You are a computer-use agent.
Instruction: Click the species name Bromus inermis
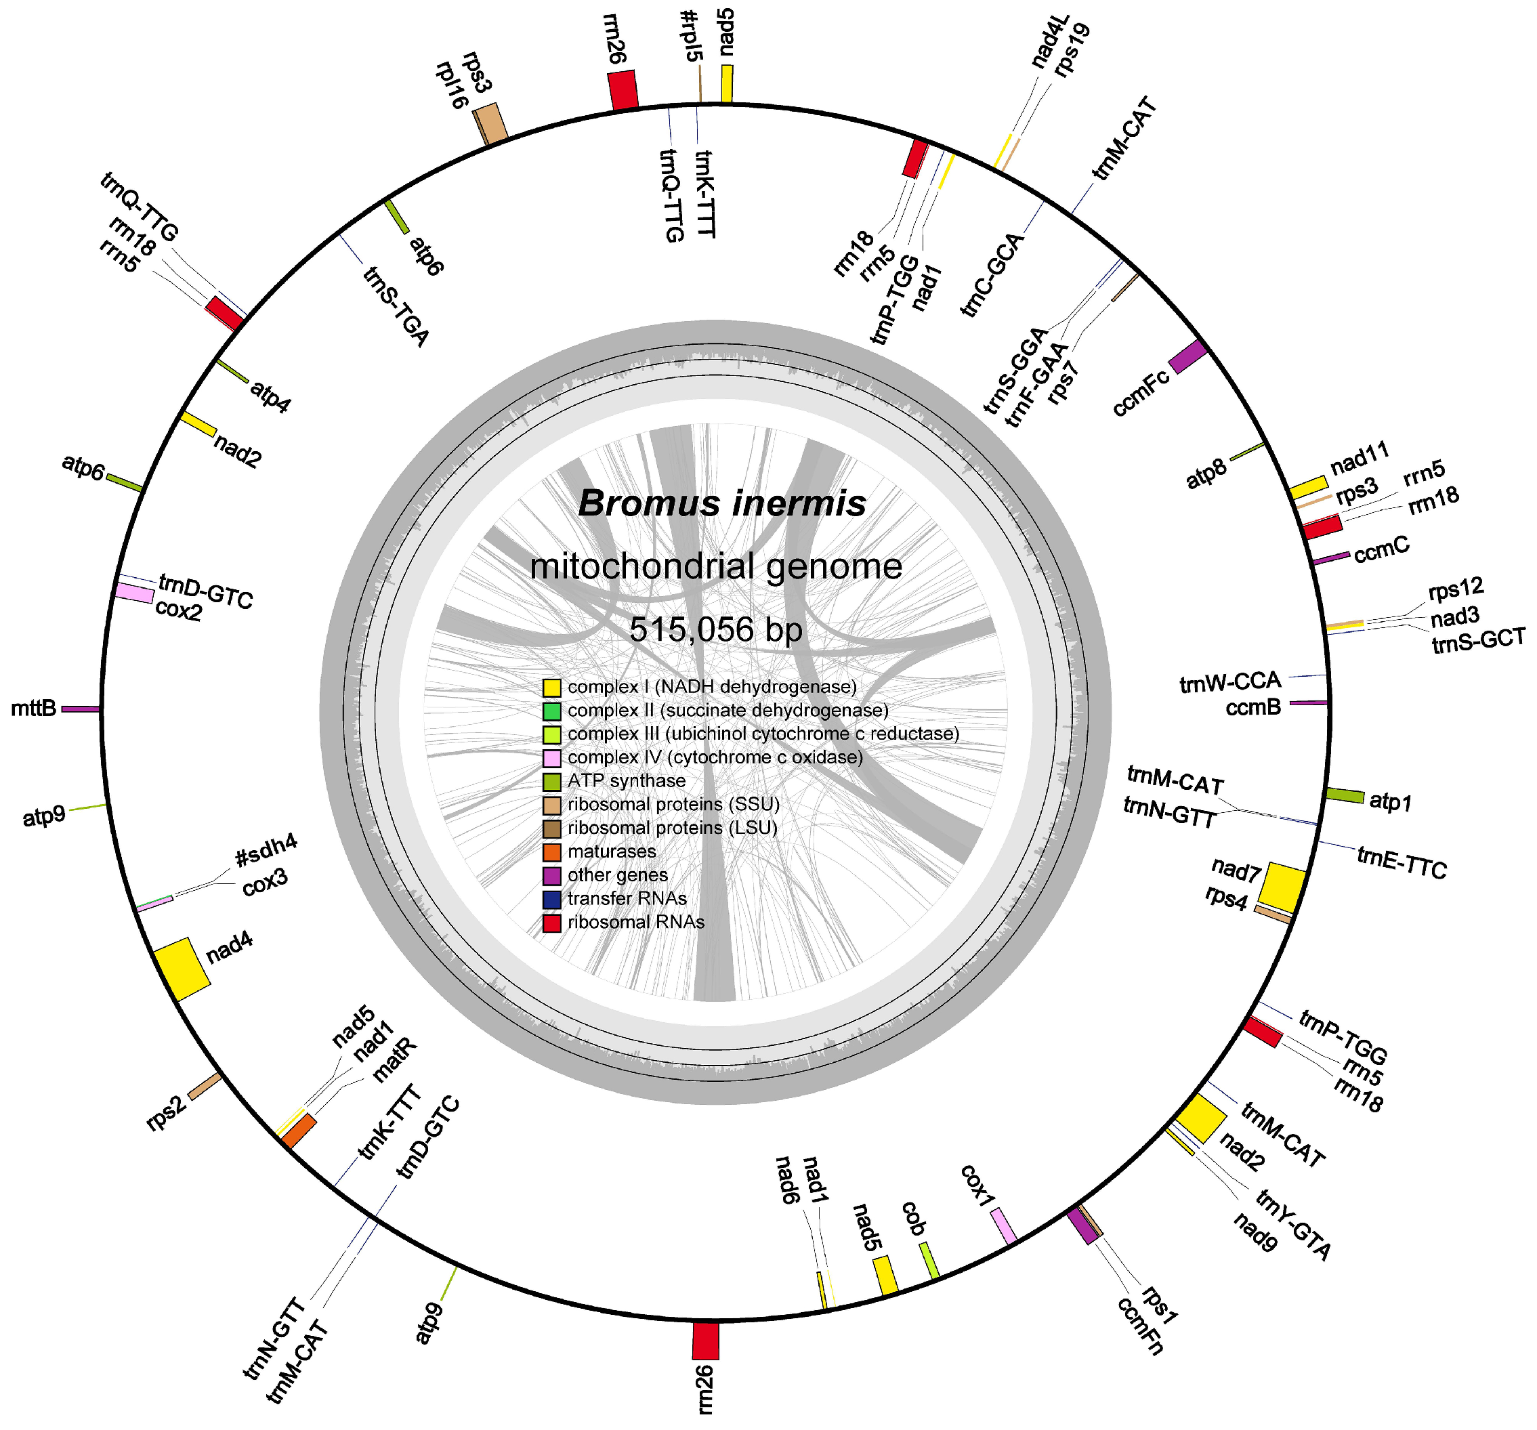(x=721, y=503)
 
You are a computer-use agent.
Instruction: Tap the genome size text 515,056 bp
(x=716, y=629)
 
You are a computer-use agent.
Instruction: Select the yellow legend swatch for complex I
(x=551, y=687)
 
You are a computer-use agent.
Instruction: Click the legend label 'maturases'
(x=611, y=851)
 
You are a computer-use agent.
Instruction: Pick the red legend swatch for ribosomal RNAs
(x=551, y=922)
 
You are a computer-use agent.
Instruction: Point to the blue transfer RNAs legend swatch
(x=551, y=899)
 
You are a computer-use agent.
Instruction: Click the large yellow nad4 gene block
(x=182, y=969)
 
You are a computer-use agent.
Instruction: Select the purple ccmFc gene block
(x=1187, y=356)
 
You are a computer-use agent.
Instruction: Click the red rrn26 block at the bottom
(x=705, y=1341)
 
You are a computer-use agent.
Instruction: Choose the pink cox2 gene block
(x=135, y=593)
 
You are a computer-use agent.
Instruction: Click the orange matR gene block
(x=299, y=1131)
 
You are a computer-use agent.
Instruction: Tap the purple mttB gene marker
(x=81, y=708)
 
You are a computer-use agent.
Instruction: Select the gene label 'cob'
(x=913, y=1218)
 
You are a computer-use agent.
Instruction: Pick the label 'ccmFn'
(x=1139, y=1325)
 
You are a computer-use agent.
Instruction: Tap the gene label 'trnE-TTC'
(x=1401, y=864)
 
